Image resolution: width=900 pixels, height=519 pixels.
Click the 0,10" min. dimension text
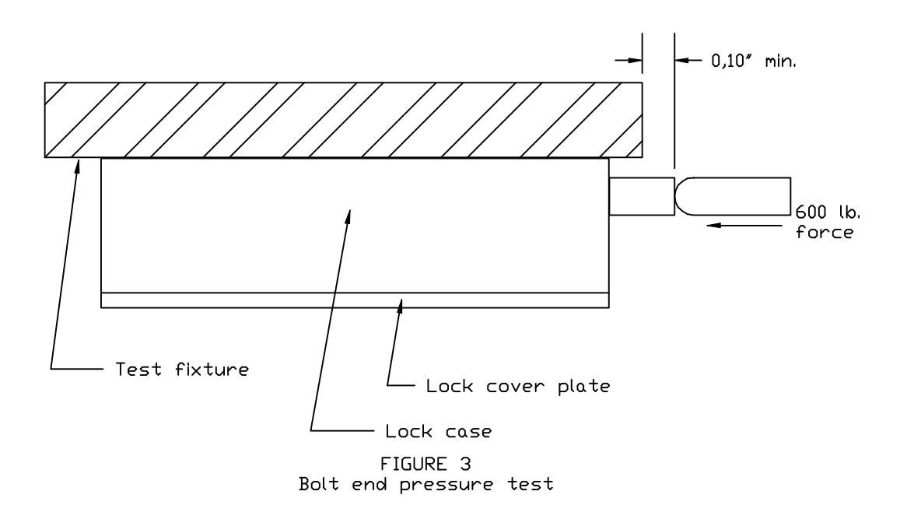click(754, 61)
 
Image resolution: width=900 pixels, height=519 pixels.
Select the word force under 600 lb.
click(825, 232)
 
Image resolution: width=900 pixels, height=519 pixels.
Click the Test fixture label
click(182, 369)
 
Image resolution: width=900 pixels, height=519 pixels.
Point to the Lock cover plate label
click(518, 386)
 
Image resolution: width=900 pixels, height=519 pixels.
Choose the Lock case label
click(439, 431)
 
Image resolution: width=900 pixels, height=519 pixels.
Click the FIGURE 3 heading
click(425, 464)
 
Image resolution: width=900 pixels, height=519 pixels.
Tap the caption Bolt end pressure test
click(426, 484)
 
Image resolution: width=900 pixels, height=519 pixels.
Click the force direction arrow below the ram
click(744, 225)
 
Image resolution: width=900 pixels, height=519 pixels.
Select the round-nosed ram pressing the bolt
click(733, 196)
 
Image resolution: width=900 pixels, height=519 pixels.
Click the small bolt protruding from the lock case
click(642, 196)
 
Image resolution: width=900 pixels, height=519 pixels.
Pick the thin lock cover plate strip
click(355, 300)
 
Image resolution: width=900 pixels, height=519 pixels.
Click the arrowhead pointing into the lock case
click(349, 210)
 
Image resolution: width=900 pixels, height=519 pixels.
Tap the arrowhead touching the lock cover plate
click(401, 299)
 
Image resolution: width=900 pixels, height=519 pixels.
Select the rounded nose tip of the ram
click(675, 196)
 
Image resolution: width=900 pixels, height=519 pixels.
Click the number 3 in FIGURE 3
click(465, 464)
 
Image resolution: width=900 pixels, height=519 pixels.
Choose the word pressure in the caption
click(446, 485)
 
